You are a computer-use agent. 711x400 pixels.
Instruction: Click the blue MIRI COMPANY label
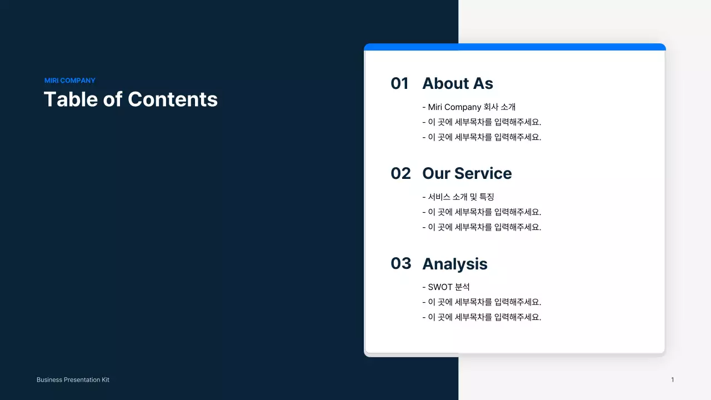70,81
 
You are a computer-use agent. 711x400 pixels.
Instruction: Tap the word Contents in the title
173,99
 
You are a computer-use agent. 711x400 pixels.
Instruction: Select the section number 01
399,83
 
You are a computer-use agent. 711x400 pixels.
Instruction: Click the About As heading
457,83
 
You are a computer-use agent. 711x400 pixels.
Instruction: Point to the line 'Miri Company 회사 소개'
471,107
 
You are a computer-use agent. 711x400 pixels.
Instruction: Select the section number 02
400,173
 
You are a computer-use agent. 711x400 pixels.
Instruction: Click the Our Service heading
467,173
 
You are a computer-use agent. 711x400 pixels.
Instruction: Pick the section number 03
400,263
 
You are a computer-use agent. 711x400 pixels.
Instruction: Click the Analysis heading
454,264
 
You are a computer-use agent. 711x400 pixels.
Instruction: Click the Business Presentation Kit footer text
73,380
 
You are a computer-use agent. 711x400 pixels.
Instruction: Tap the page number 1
672,380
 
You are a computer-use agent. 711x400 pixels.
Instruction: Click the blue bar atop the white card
514,47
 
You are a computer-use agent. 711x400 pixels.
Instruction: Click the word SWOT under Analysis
440,287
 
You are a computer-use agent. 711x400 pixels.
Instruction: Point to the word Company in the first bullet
463,107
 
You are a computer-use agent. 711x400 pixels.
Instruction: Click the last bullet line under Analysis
483,317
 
